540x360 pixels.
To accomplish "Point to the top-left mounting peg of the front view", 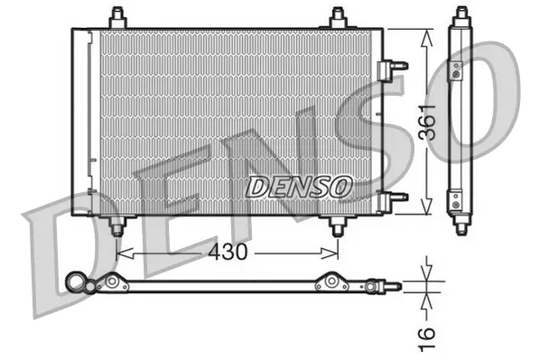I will pyautogui.click(x=116, y=17).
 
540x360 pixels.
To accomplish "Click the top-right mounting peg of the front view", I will pyautogui.click(x=338, y=17).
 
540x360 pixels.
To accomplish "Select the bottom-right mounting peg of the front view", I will pyautogui.click(x=337, y=225).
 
